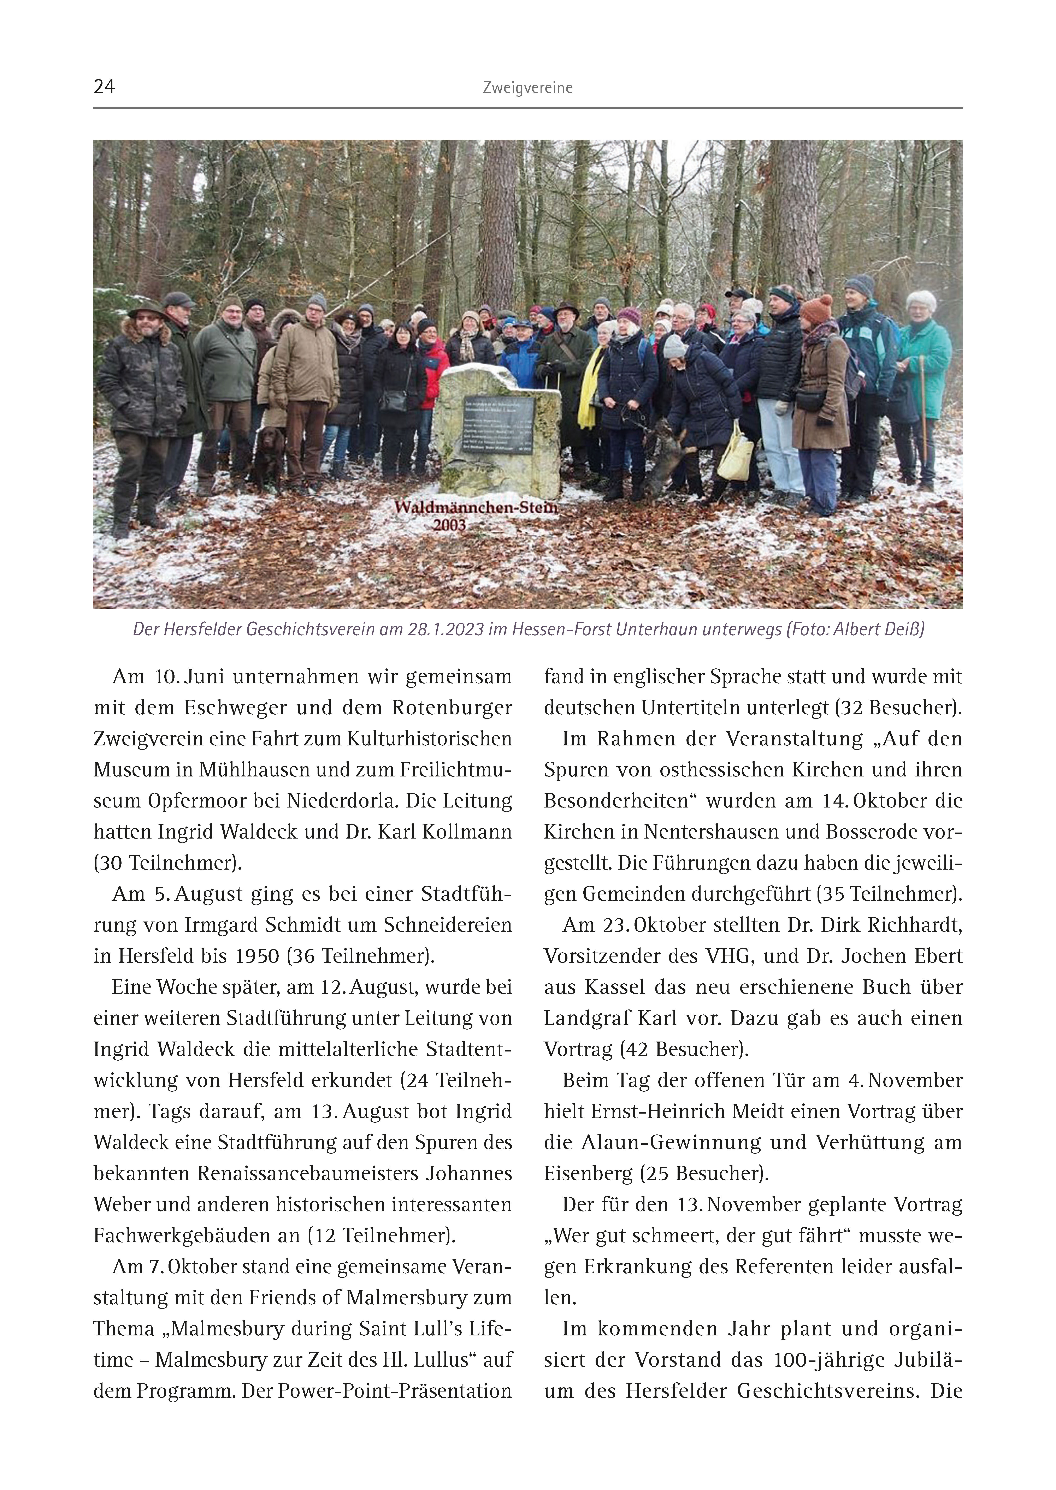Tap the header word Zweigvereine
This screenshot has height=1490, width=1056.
point(527,88)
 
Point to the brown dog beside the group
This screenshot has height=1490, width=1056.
point(268,457)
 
